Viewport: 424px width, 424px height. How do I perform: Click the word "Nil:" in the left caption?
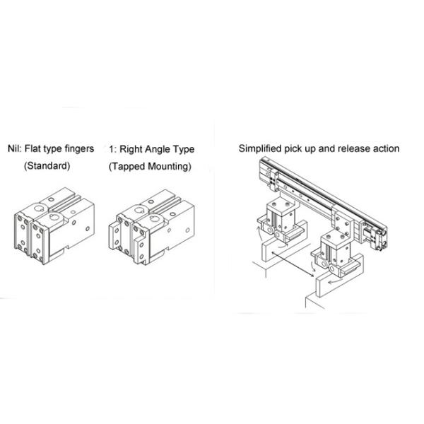(x=15, y=148)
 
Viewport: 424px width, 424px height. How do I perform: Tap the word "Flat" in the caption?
(x=33, y=148)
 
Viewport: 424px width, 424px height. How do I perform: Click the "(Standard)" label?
(x=47, y=166)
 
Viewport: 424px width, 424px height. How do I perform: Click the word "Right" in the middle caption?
(x=131, y=150)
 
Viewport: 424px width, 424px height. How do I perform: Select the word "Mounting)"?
(x=170, y=167)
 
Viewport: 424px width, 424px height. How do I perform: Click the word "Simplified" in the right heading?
(x=260, y=148)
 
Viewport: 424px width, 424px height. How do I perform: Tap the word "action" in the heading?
(x=386, y=148)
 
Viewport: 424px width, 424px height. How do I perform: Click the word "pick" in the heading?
(x=293, y=149)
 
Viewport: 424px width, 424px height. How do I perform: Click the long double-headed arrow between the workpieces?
(x=293, y=264)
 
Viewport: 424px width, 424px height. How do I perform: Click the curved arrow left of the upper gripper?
(x=260, y=232)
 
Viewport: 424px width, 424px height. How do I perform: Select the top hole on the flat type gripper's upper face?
(x=51, y=200)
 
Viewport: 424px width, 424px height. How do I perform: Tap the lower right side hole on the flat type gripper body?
(x=88, y=229)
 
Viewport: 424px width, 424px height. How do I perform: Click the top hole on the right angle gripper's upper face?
(x=151, y=201)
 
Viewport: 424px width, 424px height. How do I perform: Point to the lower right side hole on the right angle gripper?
(x=187, y=230)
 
